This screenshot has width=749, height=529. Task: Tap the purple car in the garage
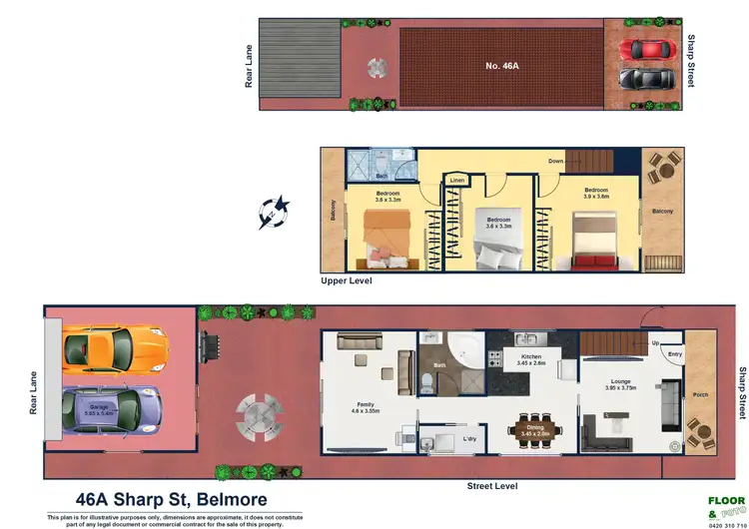pos(111,408)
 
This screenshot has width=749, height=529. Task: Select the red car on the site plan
pos(646,49)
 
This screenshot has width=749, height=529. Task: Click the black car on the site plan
pos(646,78)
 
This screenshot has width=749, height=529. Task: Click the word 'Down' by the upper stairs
pos(557,161)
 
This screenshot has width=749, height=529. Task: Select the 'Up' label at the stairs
pos(654,343)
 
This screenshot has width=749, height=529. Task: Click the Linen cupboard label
pos(457,180)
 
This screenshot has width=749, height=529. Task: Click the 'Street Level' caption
pos(492,486)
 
